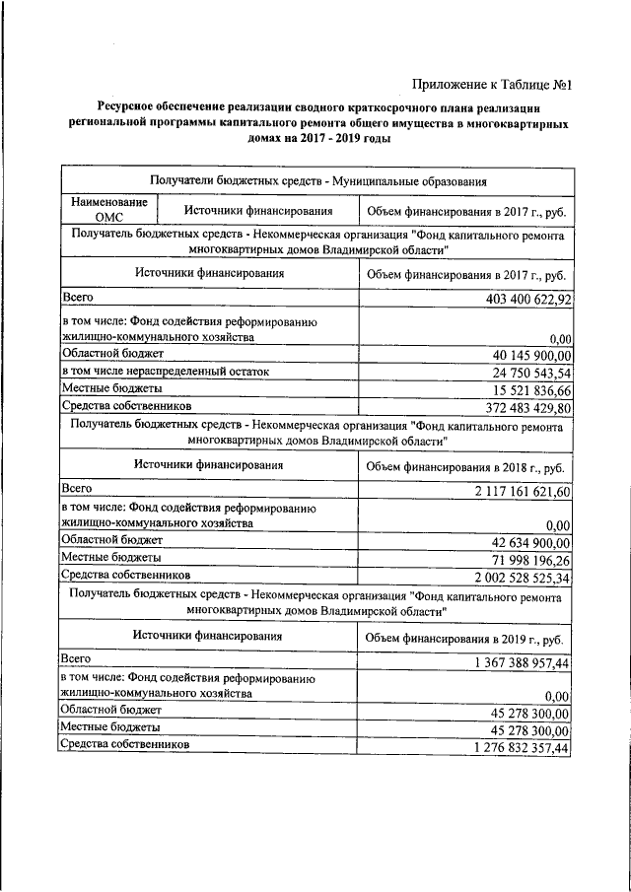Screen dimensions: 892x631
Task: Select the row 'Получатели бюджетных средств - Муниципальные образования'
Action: coord(316,179)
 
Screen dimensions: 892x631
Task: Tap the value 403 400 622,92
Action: coord(529,299)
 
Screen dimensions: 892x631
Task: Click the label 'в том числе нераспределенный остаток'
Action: coord(165,372)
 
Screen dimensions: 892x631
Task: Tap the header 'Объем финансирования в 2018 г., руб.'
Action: coord(464,467)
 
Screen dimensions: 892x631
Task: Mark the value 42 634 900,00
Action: coord(531,542)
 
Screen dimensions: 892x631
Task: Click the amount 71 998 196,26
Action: coord(531,559)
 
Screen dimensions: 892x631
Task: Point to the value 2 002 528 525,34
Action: coord(523,577)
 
